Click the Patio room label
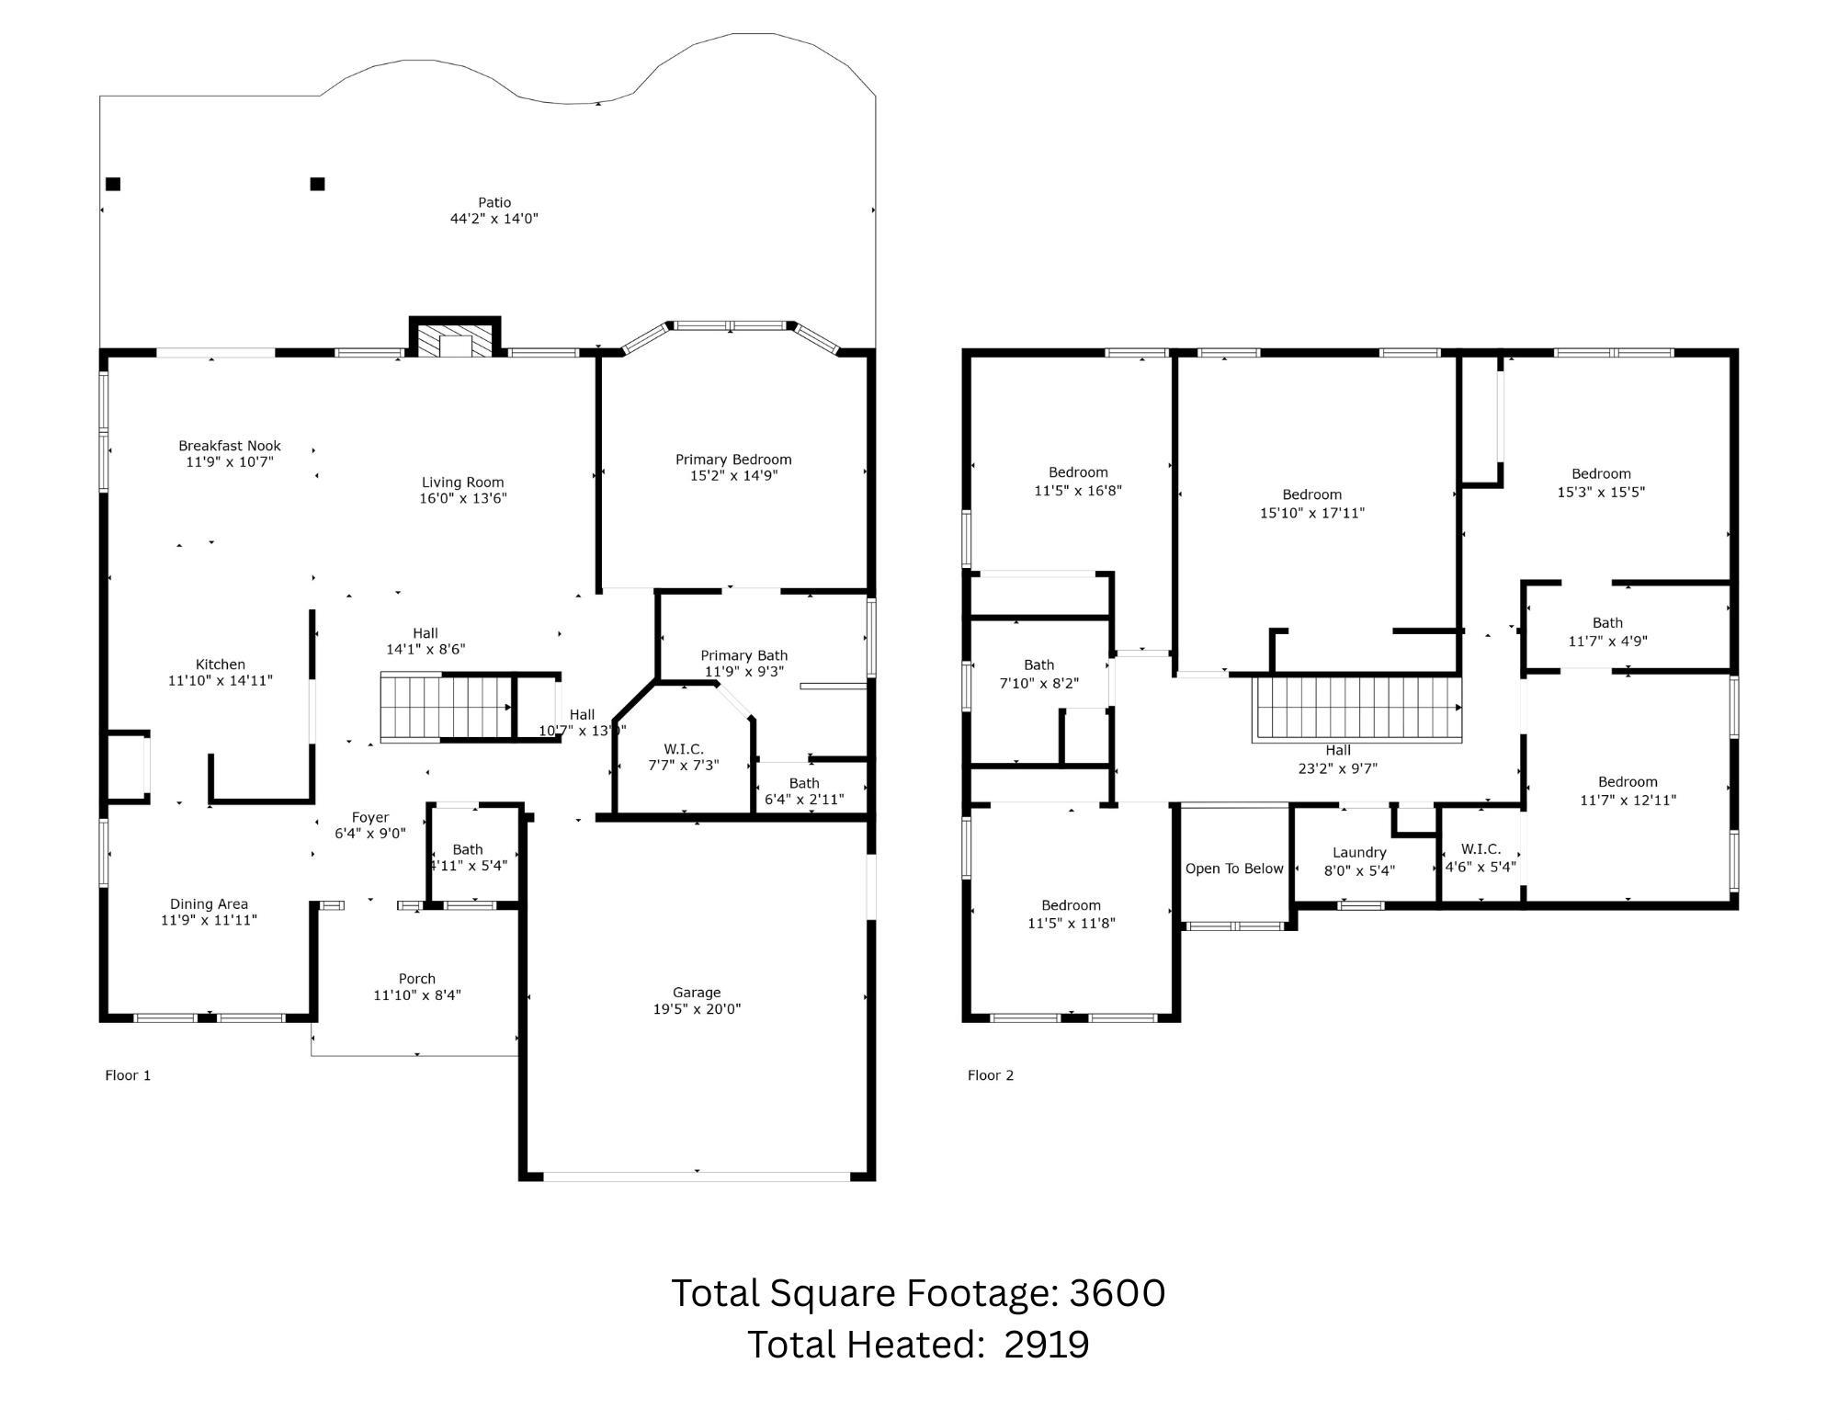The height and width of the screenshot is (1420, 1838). tap(494, 202)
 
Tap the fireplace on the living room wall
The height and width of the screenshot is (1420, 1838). tap(455, 336)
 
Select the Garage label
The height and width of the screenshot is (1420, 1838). tap(697, 993)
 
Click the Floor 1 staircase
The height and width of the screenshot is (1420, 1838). tap(447, 707)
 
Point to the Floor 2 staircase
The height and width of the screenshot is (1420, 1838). tap(1357, 709)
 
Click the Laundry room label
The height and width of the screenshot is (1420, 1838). tap(1359, 853)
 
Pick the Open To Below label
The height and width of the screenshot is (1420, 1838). tap(1234, 869)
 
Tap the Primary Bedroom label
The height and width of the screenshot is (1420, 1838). tap(733, 460)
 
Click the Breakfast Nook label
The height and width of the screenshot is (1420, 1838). tap(230, 446)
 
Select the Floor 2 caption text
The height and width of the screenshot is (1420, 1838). tap(991, 1075)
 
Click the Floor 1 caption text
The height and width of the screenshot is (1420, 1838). tap(128, 1075)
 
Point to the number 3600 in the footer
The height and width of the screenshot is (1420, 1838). tap(1118, 1293)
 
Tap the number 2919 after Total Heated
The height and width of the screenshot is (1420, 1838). tap(1047, 1345)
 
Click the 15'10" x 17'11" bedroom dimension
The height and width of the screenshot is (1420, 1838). tap(1312, 513)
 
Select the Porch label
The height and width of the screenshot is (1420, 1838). tap(417, 979)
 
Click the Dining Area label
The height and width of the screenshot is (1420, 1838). tap(209, 904)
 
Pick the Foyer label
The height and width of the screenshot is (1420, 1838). tap(370, 818)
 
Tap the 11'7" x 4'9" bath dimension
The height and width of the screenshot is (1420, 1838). tap(1607, 642)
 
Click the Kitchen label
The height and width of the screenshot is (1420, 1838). tap(221, 665)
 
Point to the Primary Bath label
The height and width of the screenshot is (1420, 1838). tap(744, 655)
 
